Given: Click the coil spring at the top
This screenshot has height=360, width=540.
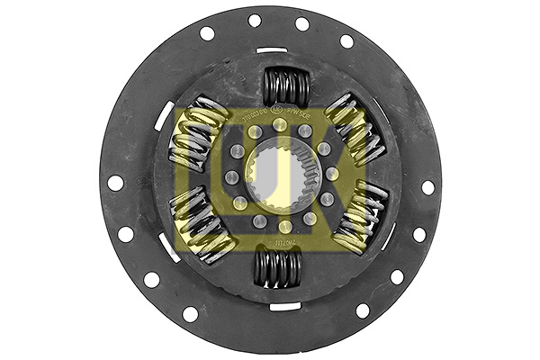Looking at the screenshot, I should (x=285, y=87).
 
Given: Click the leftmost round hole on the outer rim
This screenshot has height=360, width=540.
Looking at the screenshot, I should (x=116, y=183).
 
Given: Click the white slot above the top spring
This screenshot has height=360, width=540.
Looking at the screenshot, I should (x=272, y=50).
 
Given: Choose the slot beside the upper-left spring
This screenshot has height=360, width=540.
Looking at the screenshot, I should (x=166, y=116).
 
